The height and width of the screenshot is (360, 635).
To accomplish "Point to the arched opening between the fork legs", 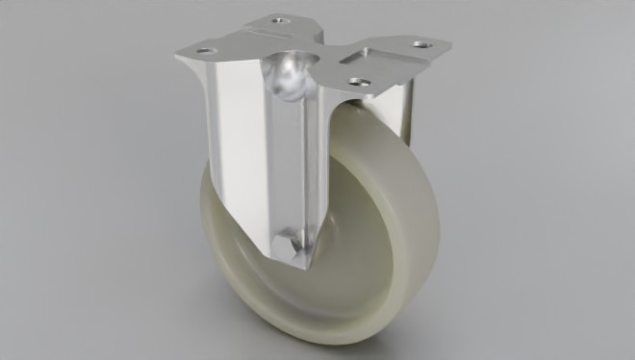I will [x=332, y=125].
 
